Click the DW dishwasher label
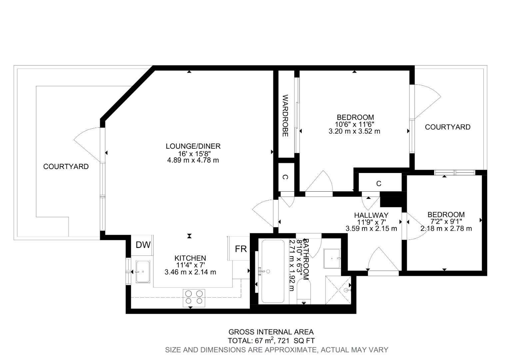tap(143, 245)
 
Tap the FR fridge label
tap(241, 249)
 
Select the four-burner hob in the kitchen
tap(194, 297)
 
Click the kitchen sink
tap(143, 272)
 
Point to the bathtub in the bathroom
tap(273, 271)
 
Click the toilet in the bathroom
tap(303, 292)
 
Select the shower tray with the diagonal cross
tap(338, 290)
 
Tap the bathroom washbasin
tap(332, 258)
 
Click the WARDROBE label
tap(285, 116)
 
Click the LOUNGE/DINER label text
tap(193, 146)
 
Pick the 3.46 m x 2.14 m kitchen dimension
tap(190, 272)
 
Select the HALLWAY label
tap(371, 215)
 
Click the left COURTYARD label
tap(66, 166)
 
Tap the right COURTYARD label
tap(447, 127)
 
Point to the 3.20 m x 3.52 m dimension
tap(354, 131)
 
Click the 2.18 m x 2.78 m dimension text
tap(446, 229)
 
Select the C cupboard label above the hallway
tap(379, 184)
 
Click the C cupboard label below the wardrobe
tap(285, 177)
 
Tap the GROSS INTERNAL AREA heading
tap(271, 332)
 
